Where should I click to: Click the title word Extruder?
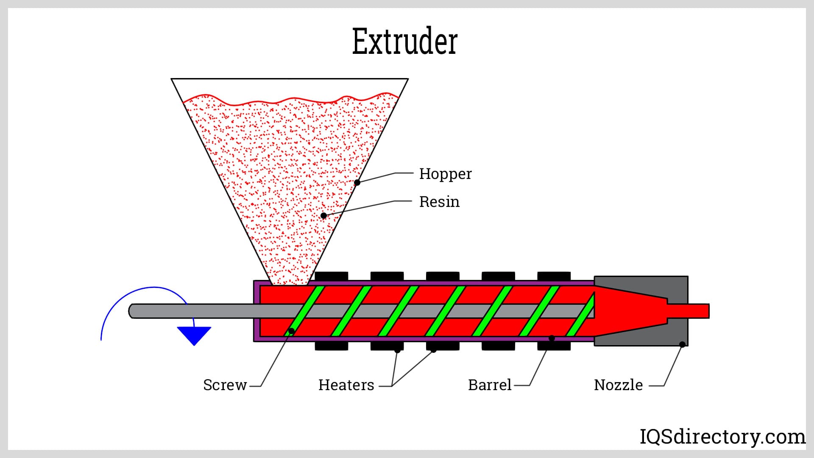tap(405, 42)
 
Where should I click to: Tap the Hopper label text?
tap(445, 174)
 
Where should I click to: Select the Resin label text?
tap(439, 202)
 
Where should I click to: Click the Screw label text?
tap(225, 385)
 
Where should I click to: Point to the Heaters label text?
tap(346, 385)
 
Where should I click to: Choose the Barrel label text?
tap(490, 385)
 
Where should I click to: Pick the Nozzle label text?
tap(618, 385)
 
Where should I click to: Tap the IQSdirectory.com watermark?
tap(722, 437)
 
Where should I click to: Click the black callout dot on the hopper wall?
tap(357, 182)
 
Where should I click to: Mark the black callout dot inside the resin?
tap(323, 215)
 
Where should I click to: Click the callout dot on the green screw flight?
tap(291, 331)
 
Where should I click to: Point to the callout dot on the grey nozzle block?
tap(682, 344)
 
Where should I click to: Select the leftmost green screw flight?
tap(304, 311)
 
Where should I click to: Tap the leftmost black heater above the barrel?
tap(332, 276)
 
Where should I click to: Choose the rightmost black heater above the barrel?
tap(554, 276)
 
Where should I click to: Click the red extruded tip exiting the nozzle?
tap(695, 311)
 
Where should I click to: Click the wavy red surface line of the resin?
tap(288, 100)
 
